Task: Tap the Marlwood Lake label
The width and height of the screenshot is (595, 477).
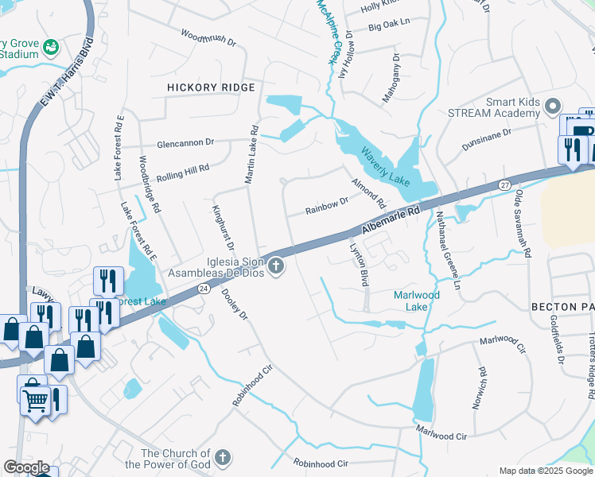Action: [x=417, y=301]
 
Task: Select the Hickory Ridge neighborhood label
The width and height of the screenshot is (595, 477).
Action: [x=211, y=87]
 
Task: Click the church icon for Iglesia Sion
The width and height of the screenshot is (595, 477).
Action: [x=276, y=266]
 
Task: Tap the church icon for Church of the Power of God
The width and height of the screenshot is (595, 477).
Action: [x=222, y=457]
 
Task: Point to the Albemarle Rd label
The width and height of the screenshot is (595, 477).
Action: [x=391, y=220]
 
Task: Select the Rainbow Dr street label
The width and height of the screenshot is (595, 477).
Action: [x=328, y=207]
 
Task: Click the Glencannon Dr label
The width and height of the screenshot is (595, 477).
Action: [x=186, y=142]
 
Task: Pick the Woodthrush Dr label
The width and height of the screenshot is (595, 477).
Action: [x=209, y=37]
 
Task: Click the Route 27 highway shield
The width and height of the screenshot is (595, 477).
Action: [x=504, y=184]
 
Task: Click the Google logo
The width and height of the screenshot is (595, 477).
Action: [x=25, y=467]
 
